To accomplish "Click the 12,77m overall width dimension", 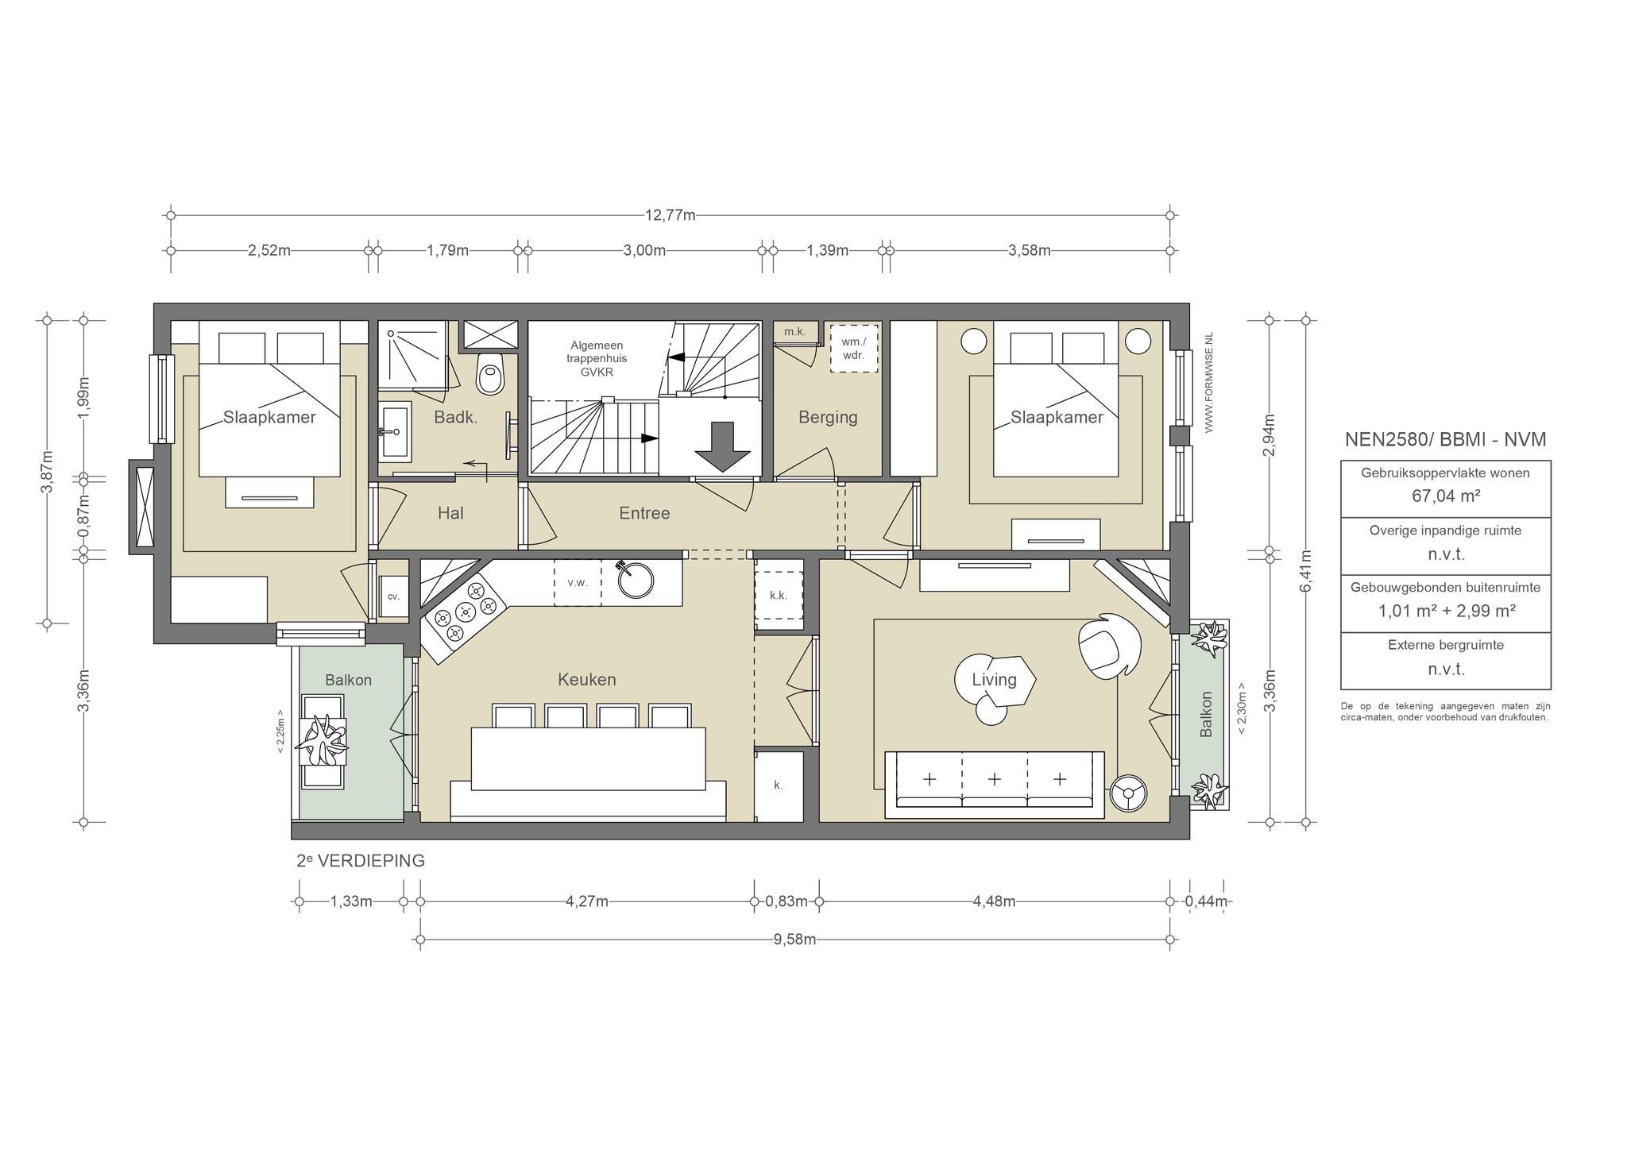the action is [671, 215].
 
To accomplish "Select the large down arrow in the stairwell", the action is [722, 447].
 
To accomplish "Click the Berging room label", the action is [828, 417].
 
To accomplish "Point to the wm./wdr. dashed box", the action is [854, 348].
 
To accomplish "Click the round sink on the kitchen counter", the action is [636, 579].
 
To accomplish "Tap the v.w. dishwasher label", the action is [578, 582].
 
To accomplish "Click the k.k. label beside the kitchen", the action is [779, 595].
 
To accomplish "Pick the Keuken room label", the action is [586, 680].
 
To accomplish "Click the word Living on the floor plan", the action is [994, 680].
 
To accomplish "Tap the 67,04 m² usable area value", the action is [1445, 496].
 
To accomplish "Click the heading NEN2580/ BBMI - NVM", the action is [1445, 439].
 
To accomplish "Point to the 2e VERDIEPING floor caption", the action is [361, 861].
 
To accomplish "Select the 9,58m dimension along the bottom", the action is [794, 940].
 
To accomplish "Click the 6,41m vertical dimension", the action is [1306, 570].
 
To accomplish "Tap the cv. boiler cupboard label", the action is [393, 596].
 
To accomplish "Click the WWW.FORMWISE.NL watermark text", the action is [1209, 383].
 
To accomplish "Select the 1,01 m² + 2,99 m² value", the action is [1446, 611].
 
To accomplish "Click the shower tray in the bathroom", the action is [412, 356].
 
